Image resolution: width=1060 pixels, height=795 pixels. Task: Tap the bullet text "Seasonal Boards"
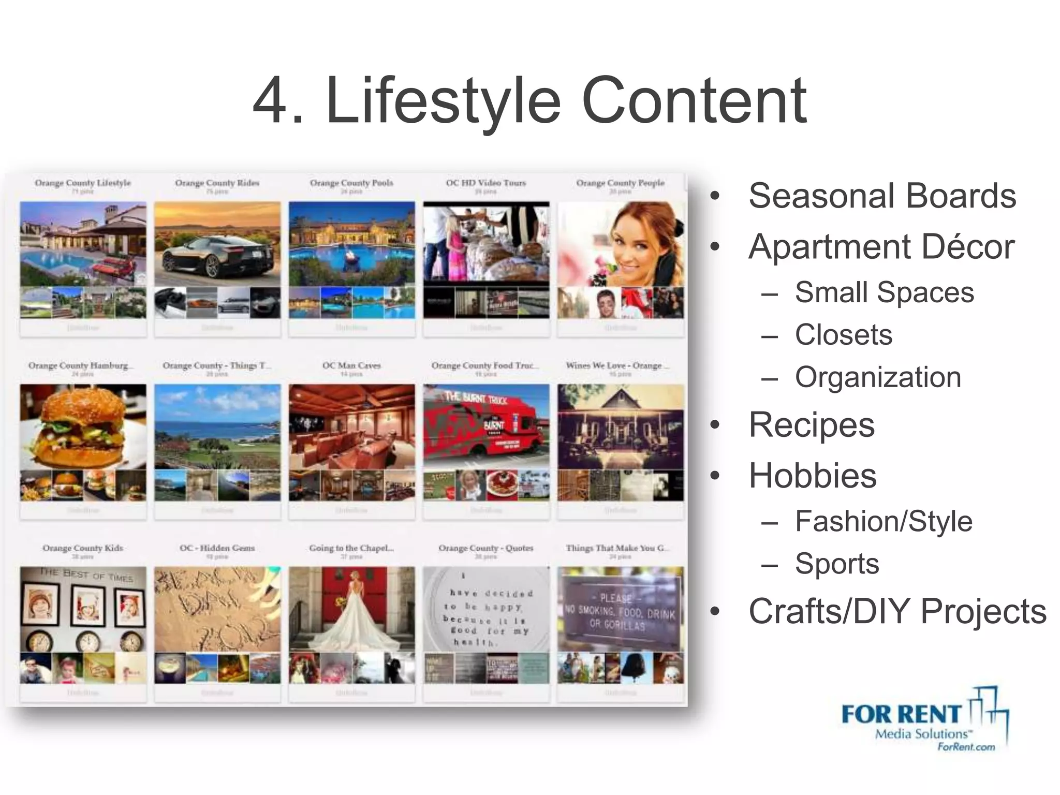pos(882,196)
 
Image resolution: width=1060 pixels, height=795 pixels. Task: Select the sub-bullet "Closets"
pos(844,335)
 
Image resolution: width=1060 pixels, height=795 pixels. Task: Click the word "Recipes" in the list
pos(811,425)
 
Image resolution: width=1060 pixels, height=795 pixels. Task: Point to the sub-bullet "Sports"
pos(837,564)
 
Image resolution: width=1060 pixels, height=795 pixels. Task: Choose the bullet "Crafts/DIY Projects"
pos(897,611)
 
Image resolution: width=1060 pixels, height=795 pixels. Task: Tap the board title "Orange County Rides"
pos(217,183)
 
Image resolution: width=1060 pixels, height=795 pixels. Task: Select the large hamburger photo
pos(83,426)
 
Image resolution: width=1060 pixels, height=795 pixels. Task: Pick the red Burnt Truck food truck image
pos(485,426)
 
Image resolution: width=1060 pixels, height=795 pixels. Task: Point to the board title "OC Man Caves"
pos(351,365)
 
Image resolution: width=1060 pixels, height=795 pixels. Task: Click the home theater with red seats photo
pos(352,426)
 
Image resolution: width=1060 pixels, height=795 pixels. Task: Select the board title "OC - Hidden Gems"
pos(217,548)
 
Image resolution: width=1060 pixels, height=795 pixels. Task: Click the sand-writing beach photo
pos(217,609)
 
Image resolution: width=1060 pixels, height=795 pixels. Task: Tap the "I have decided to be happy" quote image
pos(485,609)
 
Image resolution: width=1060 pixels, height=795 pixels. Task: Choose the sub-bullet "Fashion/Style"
pos(884,521)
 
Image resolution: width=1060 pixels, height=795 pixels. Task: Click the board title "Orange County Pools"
pos(351,183)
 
